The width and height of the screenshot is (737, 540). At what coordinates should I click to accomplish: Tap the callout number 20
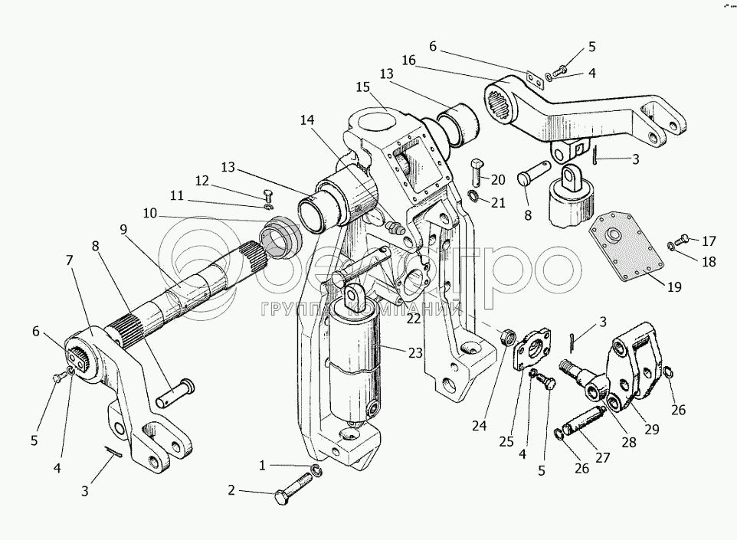click(x=498, y=180)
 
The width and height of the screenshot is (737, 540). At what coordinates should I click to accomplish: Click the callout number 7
click(x=70, y=260)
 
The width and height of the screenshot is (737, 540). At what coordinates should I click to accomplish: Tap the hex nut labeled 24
click(x=505, y=335)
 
